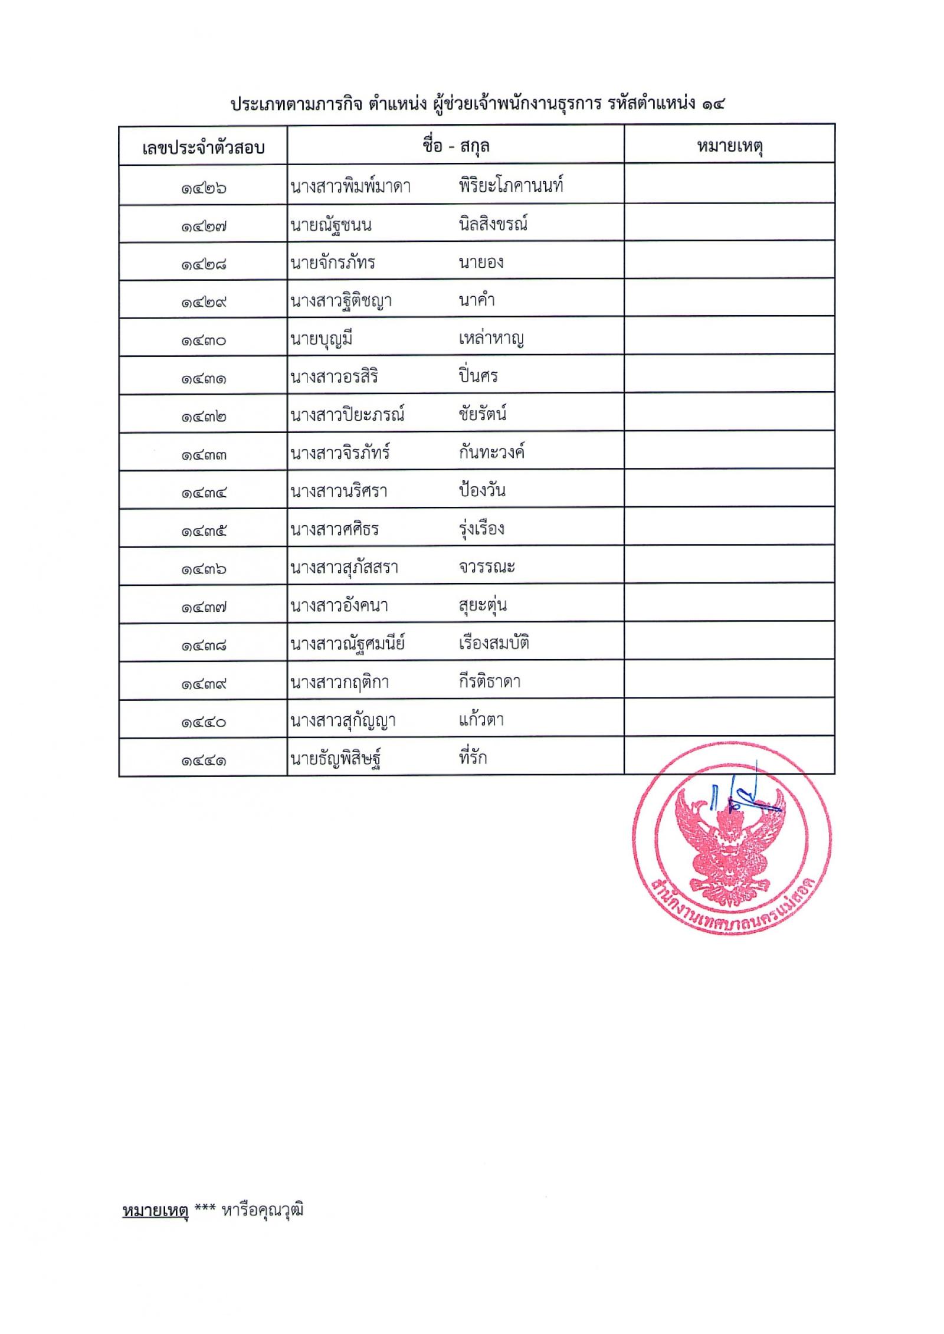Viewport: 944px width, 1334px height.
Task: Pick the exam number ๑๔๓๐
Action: point(204,340)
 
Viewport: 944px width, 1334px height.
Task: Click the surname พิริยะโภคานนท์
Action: point(511,186)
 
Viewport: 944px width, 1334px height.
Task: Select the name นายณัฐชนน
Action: point(331,225)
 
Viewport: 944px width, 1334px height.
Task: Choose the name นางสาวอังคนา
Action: point(339,605)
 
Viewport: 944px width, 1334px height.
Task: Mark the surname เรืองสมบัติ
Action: point(494,643)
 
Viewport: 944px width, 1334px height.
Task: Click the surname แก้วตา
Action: point(481,719)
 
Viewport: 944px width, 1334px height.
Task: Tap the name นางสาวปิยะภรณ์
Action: point(348,415)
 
